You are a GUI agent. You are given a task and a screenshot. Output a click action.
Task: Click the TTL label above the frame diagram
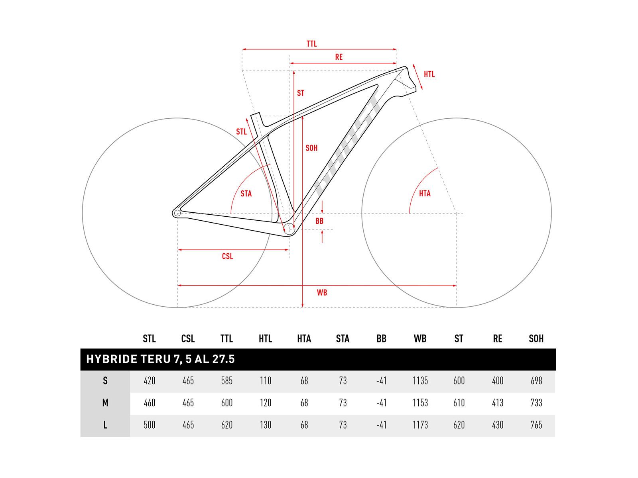pos(311,44)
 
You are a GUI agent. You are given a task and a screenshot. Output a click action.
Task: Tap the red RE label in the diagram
pos(339,57)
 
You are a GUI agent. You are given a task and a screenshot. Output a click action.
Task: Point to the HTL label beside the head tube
pos(429,74)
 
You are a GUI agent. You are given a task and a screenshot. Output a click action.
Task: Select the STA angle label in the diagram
pos(246,194)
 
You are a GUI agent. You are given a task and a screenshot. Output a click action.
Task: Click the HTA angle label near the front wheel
pos(425,193)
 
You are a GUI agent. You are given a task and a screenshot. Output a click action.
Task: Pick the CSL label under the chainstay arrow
pos(227,256)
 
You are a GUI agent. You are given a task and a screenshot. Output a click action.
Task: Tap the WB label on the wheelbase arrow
pos(322,293)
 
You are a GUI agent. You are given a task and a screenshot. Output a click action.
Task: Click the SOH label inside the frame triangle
pos(311,148)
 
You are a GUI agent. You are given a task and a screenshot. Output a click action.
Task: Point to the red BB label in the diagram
pos(319,221)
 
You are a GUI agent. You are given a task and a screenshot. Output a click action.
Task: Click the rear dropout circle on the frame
pos(177,214)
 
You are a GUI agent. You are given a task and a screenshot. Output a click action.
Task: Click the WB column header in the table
pos(420,339)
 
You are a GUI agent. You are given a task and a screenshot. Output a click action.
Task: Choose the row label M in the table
pos(105,403)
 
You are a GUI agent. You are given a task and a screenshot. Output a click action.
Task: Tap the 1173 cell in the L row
pos(420,425)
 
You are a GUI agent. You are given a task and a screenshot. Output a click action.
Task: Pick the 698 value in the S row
pos(536,381)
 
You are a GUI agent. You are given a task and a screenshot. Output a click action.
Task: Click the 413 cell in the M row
pos(498,403)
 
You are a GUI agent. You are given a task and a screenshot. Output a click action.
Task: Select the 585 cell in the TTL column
pos(226,381)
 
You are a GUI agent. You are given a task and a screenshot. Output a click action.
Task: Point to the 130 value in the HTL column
pos(265,425)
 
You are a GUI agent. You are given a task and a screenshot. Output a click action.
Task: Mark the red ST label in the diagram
pos(301,93)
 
